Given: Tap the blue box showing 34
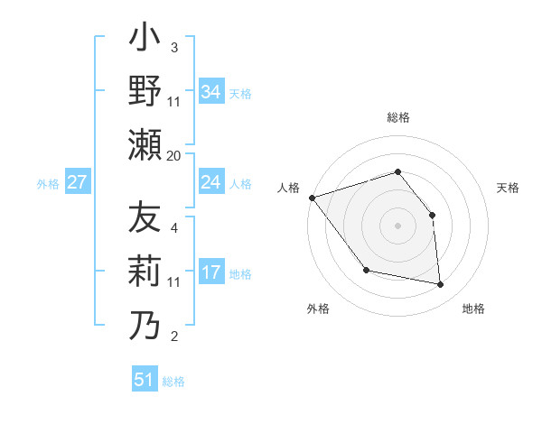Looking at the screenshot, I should [x=211, y=91].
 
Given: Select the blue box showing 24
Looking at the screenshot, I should [x=211, y=182].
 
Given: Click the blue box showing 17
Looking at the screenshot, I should [x=211, y=272].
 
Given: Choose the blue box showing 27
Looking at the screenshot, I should [x=78, y=182].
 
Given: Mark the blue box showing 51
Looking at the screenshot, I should [x=145, y=380].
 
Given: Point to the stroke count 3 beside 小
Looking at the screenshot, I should [x=173, y=47].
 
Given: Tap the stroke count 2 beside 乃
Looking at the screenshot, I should [x=173, y=336].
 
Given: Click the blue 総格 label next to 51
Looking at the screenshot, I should [x=173, y=382].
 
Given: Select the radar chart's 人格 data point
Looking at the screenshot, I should [x=312, y=198].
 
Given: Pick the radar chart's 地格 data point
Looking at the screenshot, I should [x=440, y=285].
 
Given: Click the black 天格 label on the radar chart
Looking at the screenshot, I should [x=509, y=188].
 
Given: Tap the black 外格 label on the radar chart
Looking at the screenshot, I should [x=318, y=309].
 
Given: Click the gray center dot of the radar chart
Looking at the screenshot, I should [x=397, y=225].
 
